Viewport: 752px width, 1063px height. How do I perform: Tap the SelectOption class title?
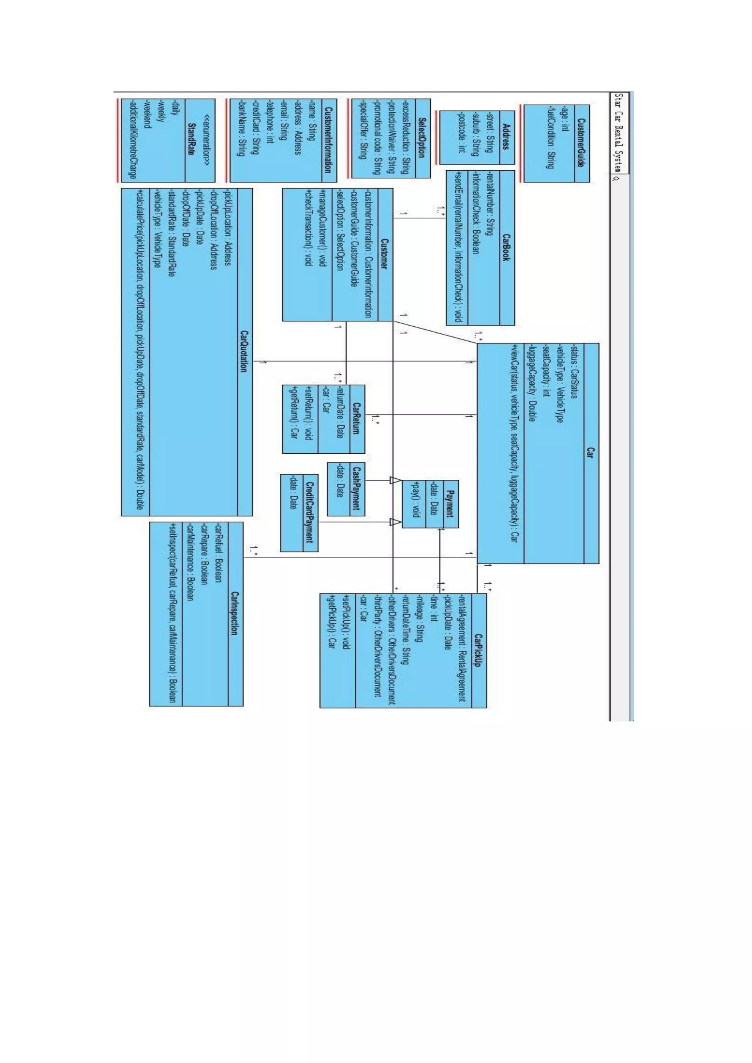coord(423,138)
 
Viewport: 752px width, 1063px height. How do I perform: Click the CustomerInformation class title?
coord(328,140)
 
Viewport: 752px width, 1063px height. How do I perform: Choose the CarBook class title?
coord(507,248)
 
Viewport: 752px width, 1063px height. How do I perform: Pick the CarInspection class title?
coord(235,614)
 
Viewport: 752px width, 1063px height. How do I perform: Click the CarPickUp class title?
coord(479,650)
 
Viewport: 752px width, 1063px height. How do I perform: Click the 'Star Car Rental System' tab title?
coord(619,133)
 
